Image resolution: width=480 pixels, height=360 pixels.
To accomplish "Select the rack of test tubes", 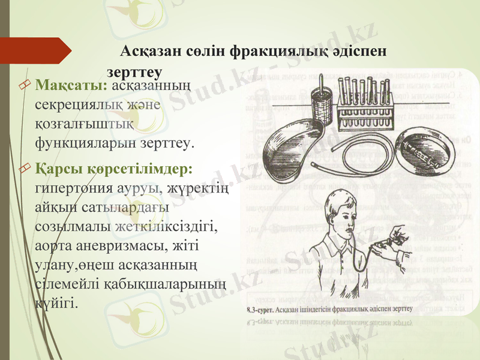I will click(365, 99).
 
